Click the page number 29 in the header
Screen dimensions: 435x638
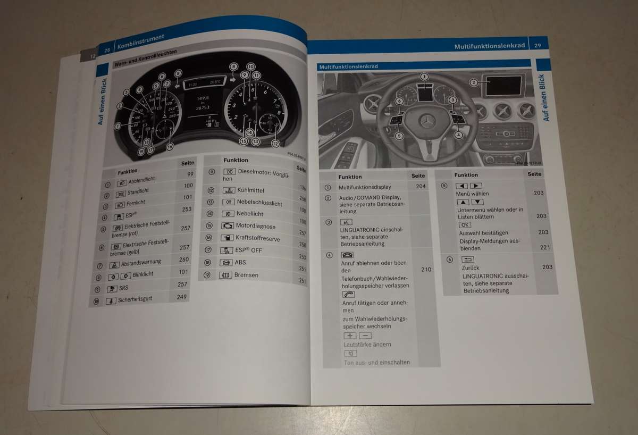point(538,46)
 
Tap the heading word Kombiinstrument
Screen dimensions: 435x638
point(140,41)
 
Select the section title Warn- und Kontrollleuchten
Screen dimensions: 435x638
point(145,57)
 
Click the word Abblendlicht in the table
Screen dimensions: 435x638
point(141,180)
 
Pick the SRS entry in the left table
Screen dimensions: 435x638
point(124,288)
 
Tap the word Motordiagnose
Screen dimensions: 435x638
point(255,226)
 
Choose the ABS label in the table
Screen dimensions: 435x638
point(240,262)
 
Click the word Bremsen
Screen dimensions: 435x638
point(246,275)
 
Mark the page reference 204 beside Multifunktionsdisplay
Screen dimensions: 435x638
point(421,187)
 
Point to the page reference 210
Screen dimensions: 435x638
point(426,270)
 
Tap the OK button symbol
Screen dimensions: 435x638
point(464,225)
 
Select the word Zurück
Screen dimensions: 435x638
point(472,267)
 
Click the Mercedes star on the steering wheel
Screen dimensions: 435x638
point(427,121)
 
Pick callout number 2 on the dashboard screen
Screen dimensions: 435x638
point(473,82)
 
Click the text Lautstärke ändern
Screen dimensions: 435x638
point(367,345)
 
